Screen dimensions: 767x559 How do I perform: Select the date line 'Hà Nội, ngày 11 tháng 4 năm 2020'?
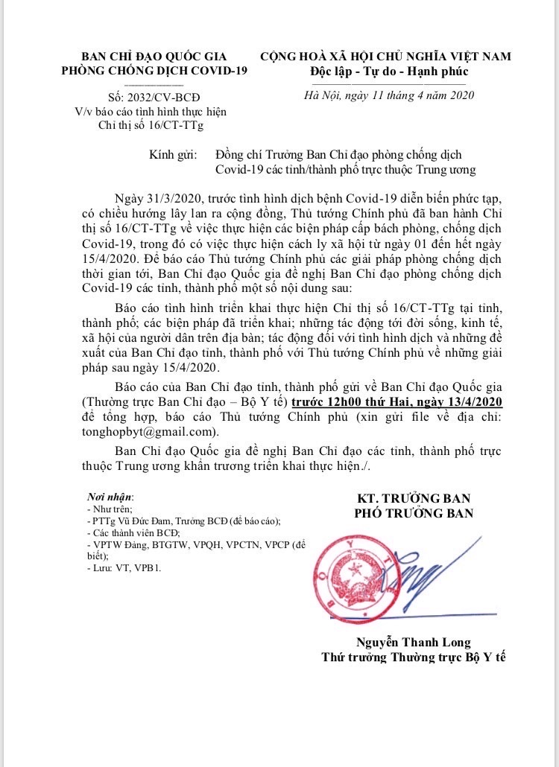[390, 95]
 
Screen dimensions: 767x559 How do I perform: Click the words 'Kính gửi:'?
[173, 155]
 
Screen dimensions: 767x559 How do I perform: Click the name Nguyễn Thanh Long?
[414, 643]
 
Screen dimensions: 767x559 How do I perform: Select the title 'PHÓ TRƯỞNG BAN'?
[413, 513]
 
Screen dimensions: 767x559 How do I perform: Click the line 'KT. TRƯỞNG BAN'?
[413, 498]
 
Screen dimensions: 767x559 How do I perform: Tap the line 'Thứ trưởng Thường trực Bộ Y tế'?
[414, 658]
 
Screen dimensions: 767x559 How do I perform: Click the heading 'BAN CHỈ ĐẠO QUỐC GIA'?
[154, 57]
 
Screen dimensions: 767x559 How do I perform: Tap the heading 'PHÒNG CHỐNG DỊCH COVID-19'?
[154, 71]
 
